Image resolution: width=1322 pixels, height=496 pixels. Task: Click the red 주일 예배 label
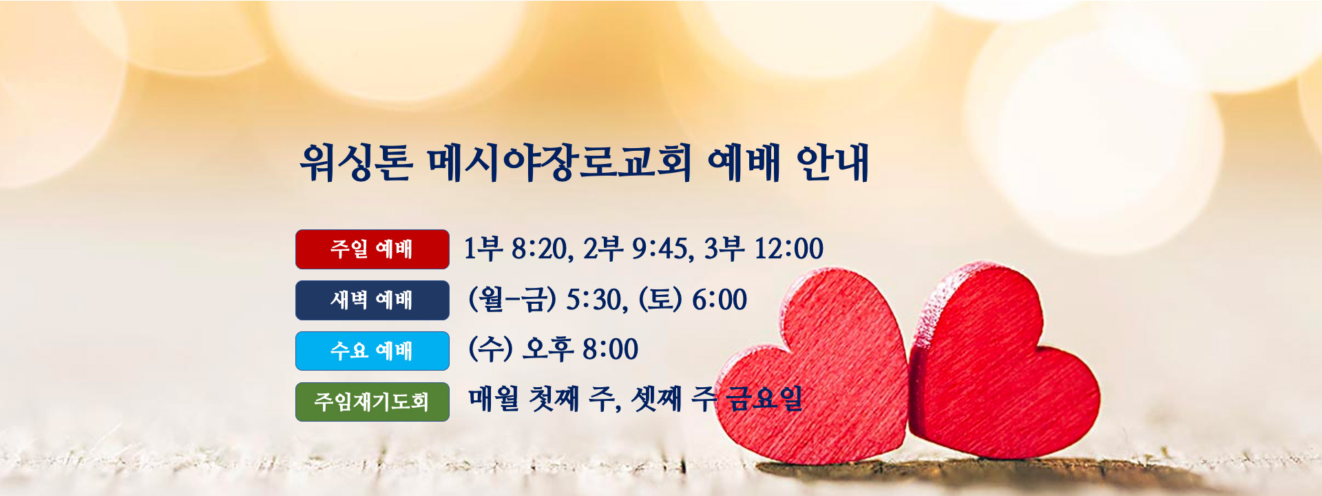pyautogui.click(x=373, y=249)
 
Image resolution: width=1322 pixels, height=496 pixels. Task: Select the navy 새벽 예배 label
pyautogui.click(x=373, y=300)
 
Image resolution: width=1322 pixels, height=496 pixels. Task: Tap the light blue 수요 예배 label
pyautogui.click(x=373, y=351)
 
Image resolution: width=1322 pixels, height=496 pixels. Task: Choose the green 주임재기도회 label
pyautogui.click(x=373, y=402)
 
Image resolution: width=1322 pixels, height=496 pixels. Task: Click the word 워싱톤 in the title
pyautogui.click(x=356, y=163)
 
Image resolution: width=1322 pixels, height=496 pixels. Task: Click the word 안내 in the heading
pyautogui.click(x=832, y=163)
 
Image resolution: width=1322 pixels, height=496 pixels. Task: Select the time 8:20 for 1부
pyautogui.click(x=538, y=249)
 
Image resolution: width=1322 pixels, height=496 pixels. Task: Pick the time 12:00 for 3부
pyautogui.click(x=789, y=249)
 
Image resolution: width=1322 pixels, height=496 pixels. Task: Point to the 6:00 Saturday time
pyautogui.click(x=720, y=300)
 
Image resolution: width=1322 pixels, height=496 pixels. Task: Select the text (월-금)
pyautogui.click(x=512, y=300)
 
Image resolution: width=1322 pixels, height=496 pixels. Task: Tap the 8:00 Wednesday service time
pyautogui.click(x=610, y=349)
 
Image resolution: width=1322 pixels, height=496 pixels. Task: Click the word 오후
pyautogui.click(x=548, y=349)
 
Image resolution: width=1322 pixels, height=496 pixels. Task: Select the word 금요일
pyautogui.click(x=764, y=398)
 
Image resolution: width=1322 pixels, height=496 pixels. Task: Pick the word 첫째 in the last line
pyautogui.click(x=554, y=398)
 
